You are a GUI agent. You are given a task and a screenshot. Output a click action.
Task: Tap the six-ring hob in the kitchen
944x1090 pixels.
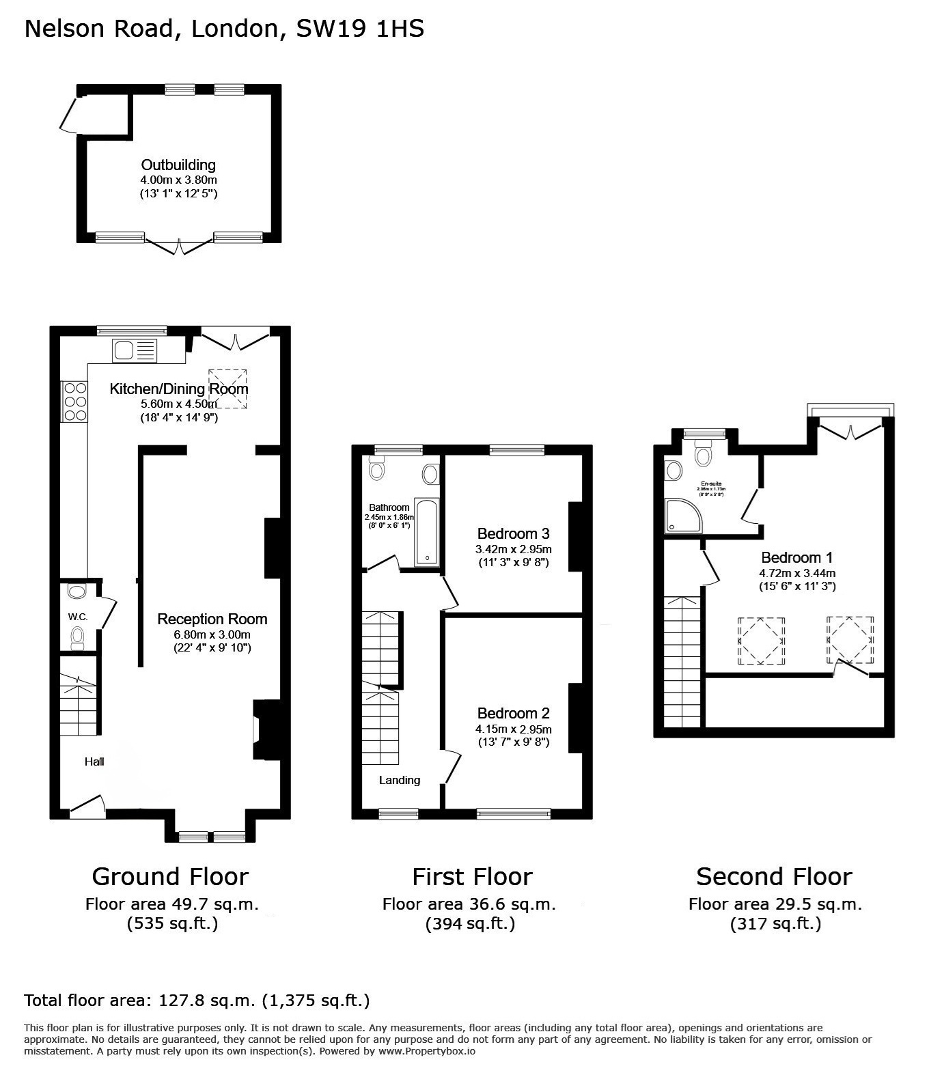pos(74,402)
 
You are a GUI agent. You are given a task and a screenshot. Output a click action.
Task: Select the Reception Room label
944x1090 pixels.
pos(212,619)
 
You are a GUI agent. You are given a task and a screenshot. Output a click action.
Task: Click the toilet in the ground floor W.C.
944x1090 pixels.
pos(78,637)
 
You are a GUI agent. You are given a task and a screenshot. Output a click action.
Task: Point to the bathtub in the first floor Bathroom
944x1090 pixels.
pos(427,533)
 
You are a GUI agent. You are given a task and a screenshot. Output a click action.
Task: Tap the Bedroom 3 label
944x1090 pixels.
pos(513,533)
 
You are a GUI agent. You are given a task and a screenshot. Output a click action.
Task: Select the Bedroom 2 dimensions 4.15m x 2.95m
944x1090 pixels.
pos(513,729)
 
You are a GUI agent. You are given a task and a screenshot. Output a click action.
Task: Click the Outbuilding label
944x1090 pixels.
pos(178,165)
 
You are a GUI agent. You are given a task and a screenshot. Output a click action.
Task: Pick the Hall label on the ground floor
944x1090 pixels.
pos(94,761)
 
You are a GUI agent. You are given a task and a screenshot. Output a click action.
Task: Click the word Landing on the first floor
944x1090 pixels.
pos(400,780)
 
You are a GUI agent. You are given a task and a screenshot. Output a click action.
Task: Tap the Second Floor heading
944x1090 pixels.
pos(774,876)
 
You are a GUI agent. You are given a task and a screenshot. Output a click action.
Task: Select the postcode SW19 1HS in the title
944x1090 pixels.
pos(360,29)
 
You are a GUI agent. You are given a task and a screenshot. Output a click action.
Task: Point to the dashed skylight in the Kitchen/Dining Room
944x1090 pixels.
pos(227,389)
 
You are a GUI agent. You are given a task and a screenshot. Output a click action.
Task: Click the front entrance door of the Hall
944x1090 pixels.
pos(87,807)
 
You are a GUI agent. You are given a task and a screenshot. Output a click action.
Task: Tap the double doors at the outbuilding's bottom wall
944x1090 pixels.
pos(179,246)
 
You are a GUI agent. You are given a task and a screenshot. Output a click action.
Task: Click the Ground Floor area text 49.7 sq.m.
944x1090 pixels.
pos(171,904)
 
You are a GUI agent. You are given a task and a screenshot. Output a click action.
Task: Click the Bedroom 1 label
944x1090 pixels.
pos(796,557)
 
